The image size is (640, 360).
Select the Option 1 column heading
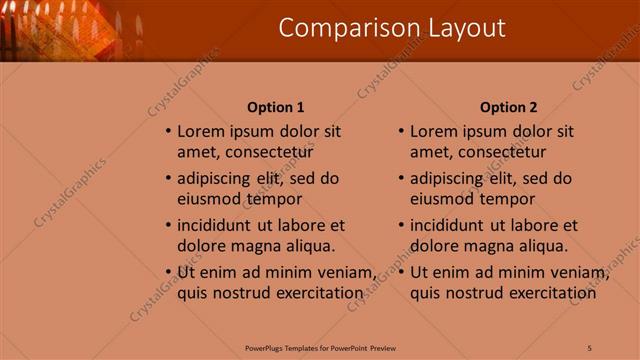coord(275,107)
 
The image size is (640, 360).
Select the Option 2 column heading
coord(508,107)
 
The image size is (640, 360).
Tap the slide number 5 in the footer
coord(590,348)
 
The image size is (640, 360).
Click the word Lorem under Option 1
coord(200,131)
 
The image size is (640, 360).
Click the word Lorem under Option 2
coord(433,131)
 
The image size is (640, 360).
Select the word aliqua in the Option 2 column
coord(543,246)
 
